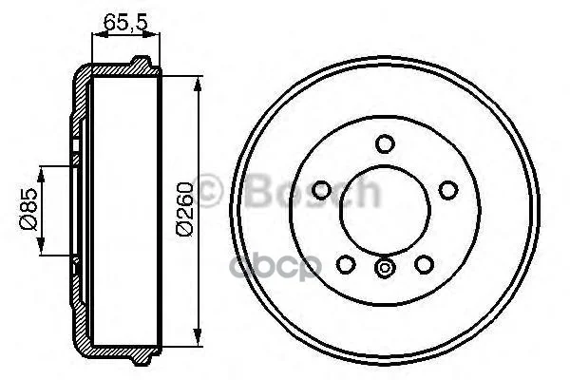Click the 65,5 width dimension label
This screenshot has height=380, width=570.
point(125,23)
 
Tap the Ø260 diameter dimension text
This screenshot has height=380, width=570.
point(184,209)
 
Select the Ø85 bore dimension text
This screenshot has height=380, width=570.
point(28,209)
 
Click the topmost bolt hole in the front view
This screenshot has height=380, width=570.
point(385,143)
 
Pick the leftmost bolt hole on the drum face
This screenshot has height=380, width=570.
point(321,190)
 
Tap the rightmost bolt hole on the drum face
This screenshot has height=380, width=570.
point(447,190)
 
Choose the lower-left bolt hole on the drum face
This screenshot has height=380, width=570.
point(346,264)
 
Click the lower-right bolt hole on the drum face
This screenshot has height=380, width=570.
point(424,264)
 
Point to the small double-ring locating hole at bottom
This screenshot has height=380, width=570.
point(385,268)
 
